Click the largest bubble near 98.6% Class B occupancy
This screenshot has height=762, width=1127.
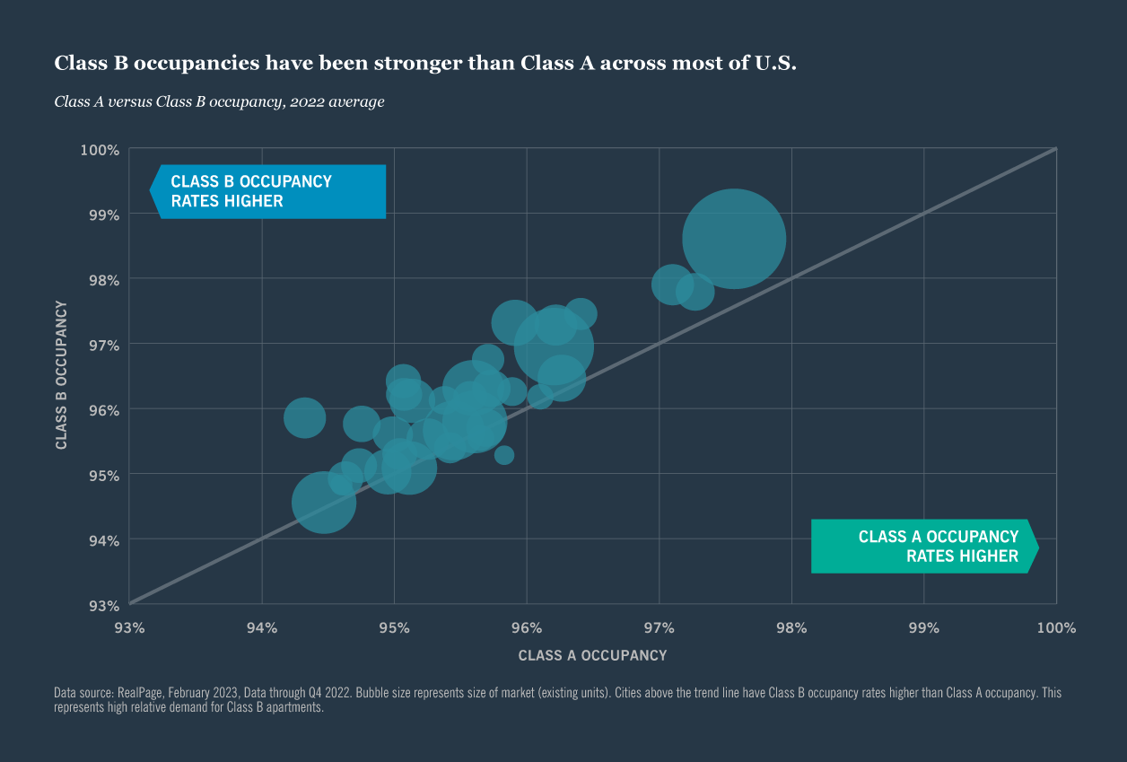pos(734,239)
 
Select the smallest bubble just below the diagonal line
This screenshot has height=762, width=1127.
pos(504,455)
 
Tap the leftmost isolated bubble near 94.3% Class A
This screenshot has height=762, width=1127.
pos(304,417)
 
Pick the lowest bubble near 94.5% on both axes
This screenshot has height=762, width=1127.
pos(324,503)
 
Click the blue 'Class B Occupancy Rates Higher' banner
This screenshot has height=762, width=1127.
pos(268,191)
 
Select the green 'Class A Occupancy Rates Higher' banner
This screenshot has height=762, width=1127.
pos(924,546)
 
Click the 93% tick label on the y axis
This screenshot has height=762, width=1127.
pos(102,604)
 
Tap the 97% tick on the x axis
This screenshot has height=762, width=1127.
pos(659,627)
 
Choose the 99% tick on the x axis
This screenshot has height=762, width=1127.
pos(923,627)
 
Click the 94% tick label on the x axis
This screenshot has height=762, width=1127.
pos(262,627)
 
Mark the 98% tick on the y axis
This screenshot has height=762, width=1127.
pos(102,279)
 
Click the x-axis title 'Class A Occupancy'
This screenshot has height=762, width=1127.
pos(592,655)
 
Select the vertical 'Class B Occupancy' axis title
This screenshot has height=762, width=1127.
pos(61,375)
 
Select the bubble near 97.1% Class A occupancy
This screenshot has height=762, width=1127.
pos(672,285)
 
